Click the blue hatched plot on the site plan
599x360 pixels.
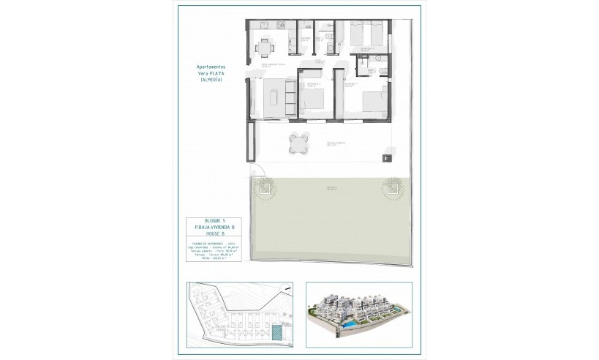tap(278, 333)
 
